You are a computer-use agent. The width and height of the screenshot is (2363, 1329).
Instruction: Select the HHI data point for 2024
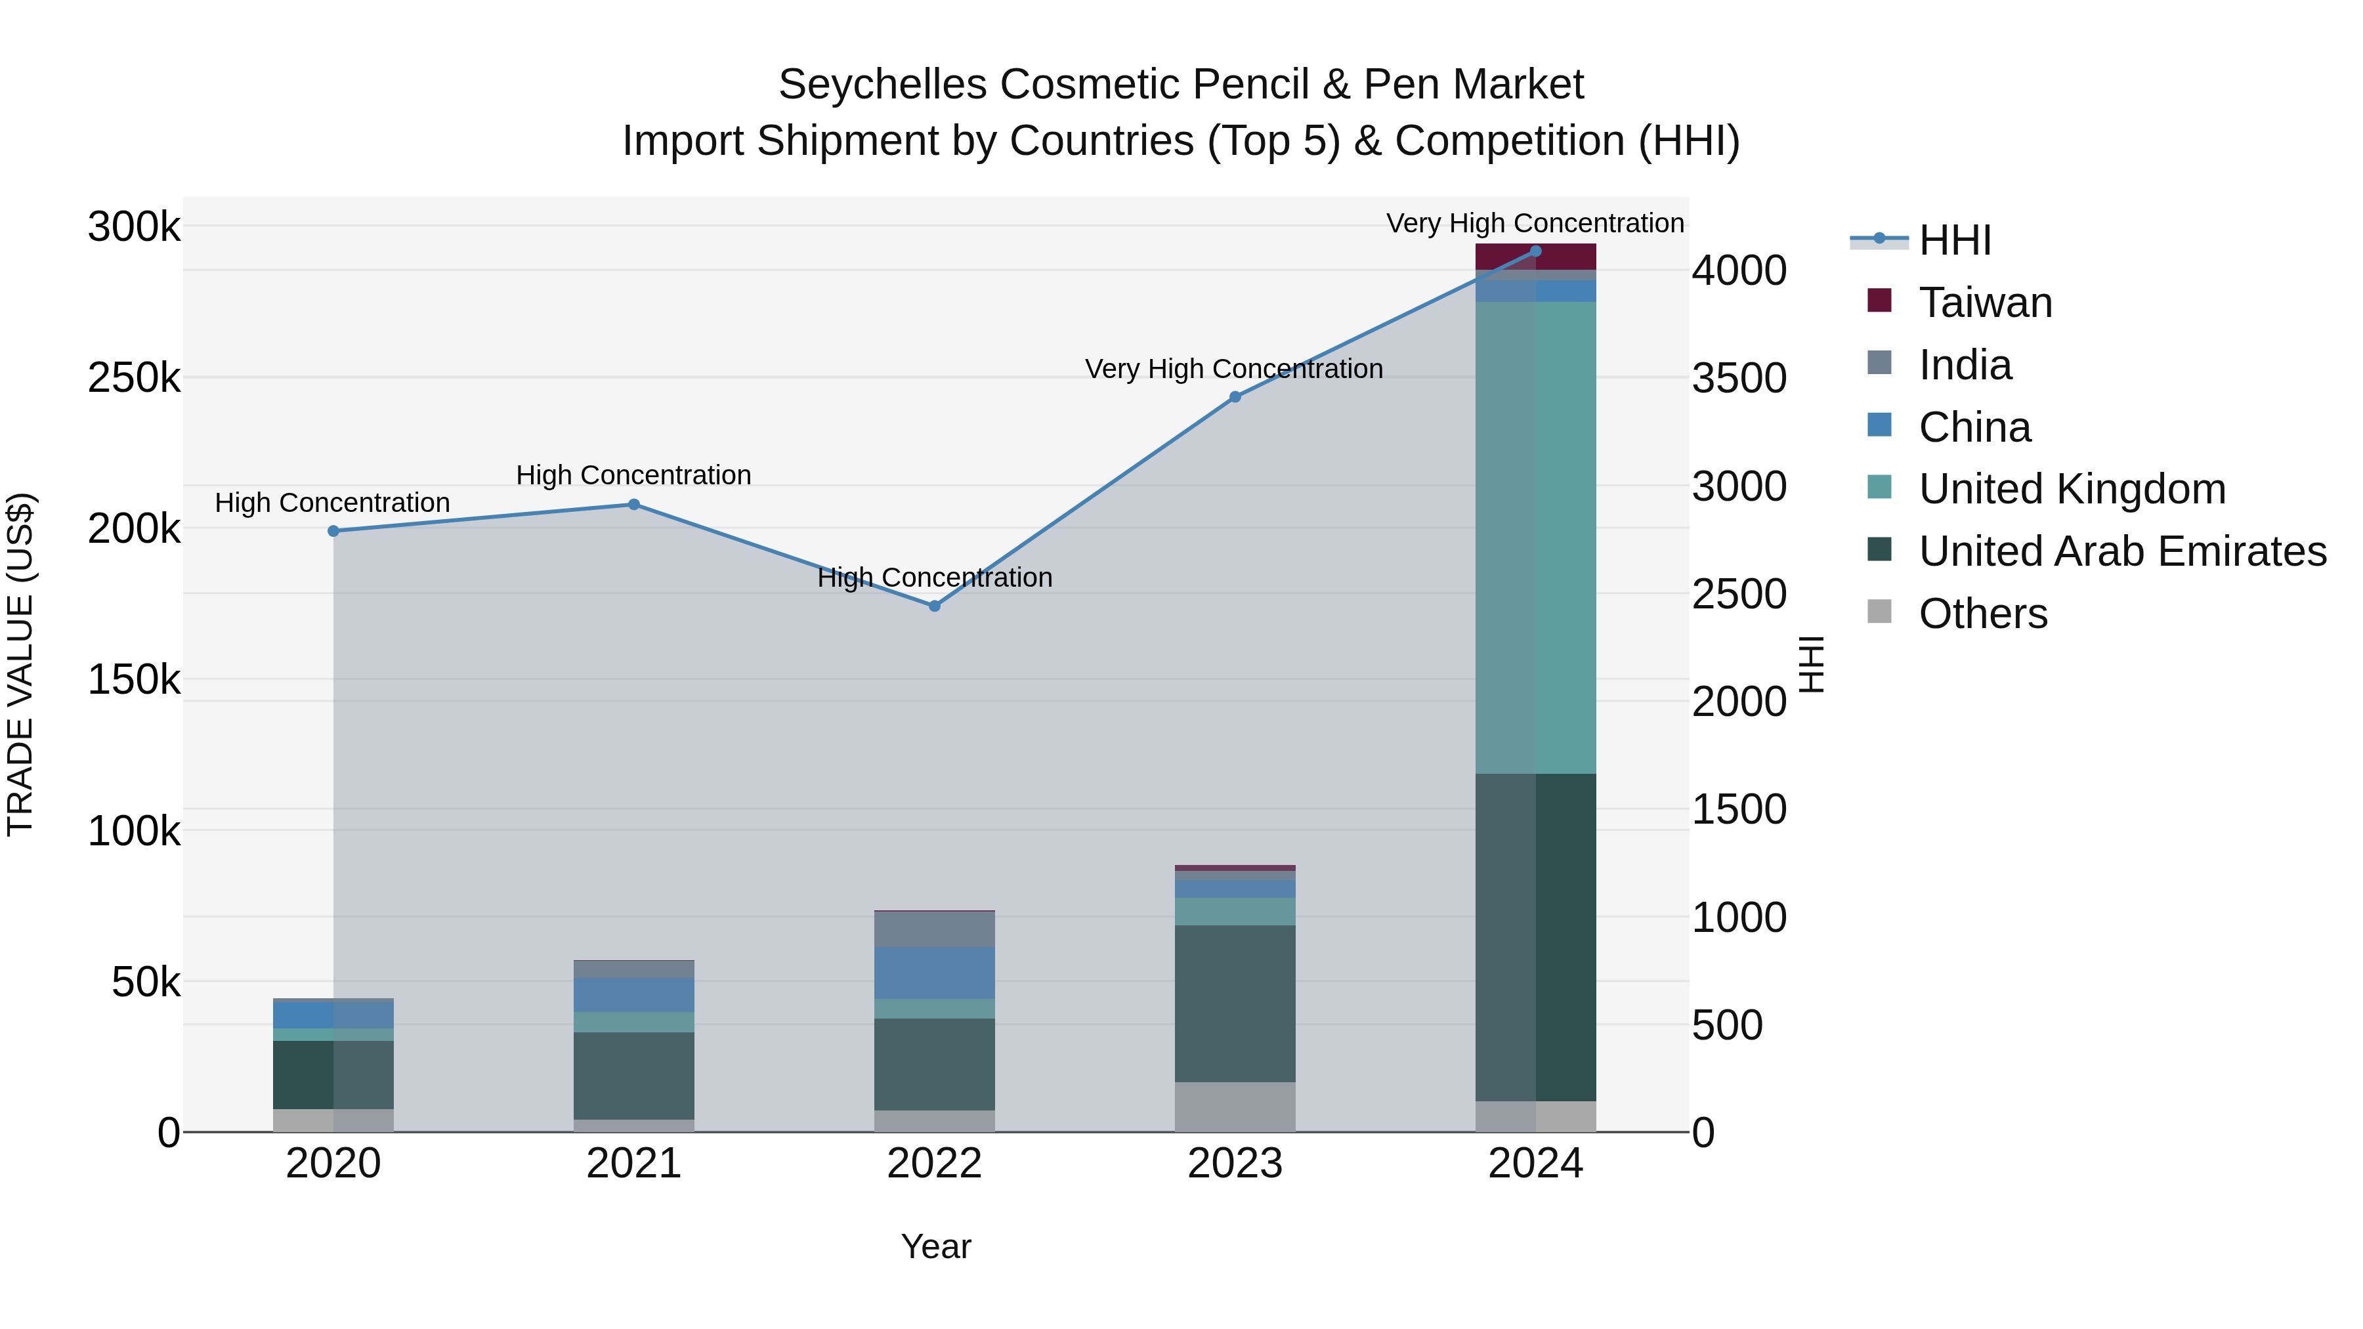click(1535, 251)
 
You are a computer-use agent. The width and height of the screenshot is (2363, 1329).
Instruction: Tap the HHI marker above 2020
click(333, 531)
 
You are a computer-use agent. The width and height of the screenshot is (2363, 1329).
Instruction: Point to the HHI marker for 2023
click(1235, 397)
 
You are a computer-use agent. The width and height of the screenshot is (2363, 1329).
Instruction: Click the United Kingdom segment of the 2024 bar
click(1535, 537)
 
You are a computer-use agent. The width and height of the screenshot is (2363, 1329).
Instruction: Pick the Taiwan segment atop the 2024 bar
click(1535, 257)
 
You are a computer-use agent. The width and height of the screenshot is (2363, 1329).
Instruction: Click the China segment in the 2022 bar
click(934, 972)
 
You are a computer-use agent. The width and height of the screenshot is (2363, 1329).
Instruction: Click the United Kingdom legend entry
click(2072, 489)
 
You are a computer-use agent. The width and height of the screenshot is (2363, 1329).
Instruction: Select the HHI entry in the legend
click(1954, 240)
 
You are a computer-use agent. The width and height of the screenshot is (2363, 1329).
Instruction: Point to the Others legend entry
click(1982, 614)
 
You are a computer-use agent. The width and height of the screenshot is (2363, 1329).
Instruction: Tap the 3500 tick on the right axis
click(1738, 378)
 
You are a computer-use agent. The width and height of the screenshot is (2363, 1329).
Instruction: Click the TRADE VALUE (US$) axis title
click(20, 664)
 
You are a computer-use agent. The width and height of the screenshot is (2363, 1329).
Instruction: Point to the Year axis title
click(935, 1246)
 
